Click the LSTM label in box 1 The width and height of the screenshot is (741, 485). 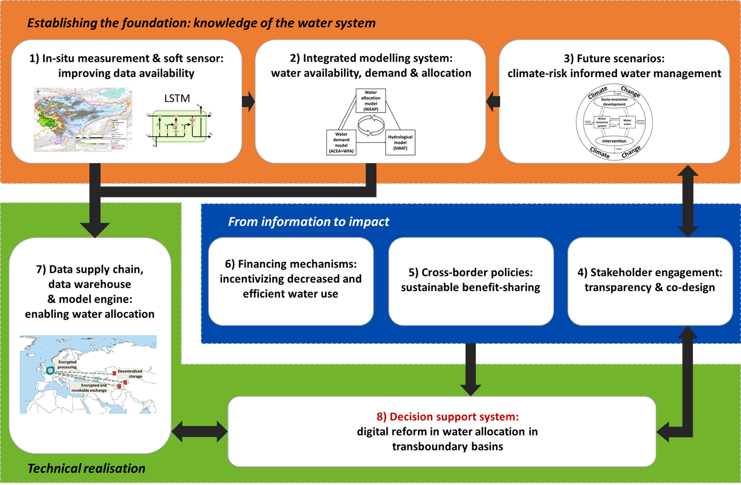click(x=177, y=98)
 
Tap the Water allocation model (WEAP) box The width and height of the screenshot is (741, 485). click(x=371, y=101)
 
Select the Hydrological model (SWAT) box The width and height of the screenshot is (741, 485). click(x=400, y=142)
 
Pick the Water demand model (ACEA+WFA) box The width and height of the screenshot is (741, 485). click(x=341, y=143)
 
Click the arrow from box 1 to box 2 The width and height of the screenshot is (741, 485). click(x=248, y=101)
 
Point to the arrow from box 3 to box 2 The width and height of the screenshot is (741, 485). click(x=493, y=101)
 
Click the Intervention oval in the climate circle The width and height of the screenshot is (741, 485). click(x=614, y=141)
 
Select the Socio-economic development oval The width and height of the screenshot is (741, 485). click(x=614, y=102)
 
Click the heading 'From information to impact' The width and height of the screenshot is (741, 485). click(x=308, y=221)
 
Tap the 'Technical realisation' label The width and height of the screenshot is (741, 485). click(x=86, y=468)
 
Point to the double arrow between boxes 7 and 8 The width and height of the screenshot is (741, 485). click(x=199, y=432)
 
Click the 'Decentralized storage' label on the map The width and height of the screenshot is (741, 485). click(x=130, y=374)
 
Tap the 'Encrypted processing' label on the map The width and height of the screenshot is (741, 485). click(x=67, y=365)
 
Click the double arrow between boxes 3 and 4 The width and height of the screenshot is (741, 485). click(x=687, y=200)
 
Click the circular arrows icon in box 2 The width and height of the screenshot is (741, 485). click(x=371, y=126)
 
